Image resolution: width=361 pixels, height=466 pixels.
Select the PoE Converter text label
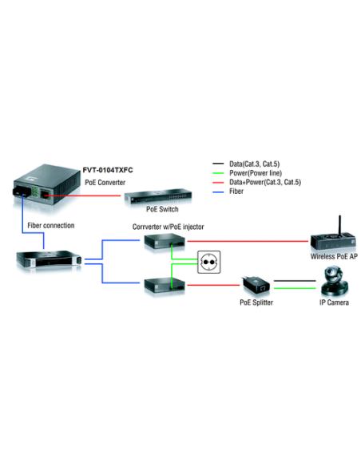pos(105,183)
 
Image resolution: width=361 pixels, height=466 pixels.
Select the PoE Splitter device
pos(256,285)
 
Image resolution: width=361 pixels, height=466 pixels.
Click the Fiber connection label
pos(50,226)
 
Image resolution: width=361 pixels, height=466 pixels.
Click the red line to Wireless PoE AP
pos(248,239)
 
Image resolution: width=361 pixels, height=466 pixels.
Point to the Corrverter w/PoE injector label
pos(168,227)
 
